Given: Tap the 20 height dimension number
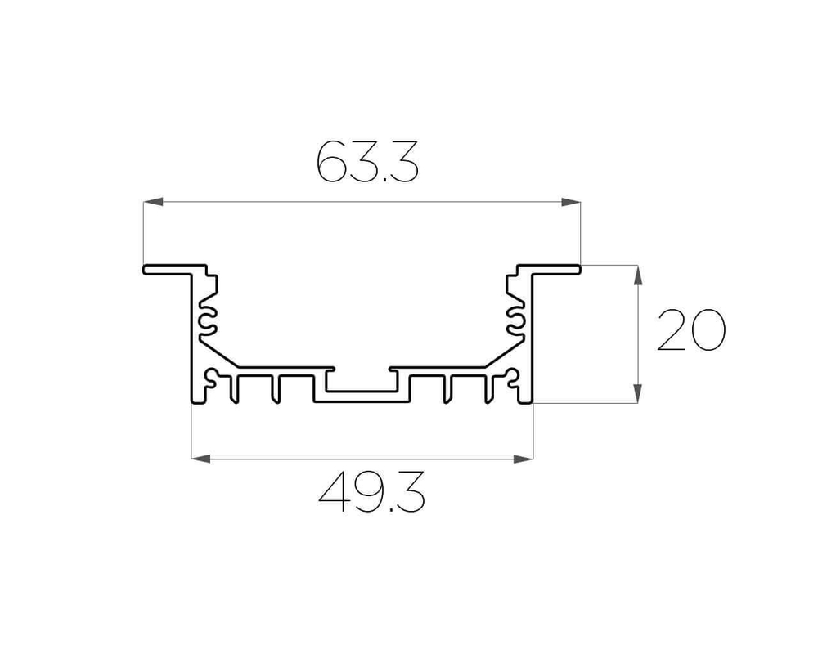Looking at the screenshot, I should pyautogui.click(x=691, y=330).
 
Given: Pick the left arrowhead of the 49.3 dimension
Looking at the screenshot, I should pyautogui.click(x=200, y=459).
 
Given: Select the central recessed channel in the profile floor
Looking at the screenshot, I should pyautogui.click(x=361, y=385).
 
